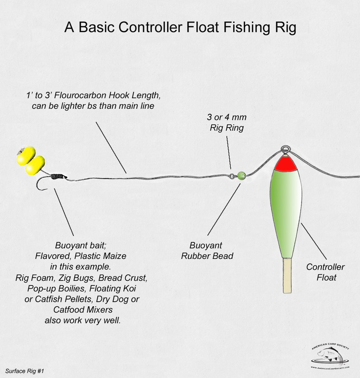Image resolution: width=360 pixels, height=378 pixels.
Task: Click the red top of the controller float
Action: (x=285, y=164)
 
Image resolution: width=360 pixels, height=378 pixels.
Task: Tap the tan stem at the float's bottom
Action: (x=287, y=275)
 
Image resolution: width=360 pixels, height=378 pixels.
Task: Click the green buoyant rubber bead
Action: (x=241, y=176)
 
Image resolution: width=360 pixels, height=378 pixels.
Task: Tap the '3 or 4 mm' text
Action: (x=227, y=118)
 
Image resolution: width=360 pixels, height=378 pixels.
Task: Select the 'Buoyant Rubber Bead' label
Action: (x=207, y=251)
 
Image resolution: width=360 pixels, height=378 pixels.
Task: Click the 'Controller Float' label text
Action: (x=325, y=272)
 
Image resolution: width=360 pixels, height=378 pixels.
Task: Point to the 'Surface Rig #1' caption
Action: (x=24, y=370)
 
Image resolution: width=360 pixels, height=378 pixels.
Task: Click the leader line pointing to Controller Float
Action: (x=314, y=241)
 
